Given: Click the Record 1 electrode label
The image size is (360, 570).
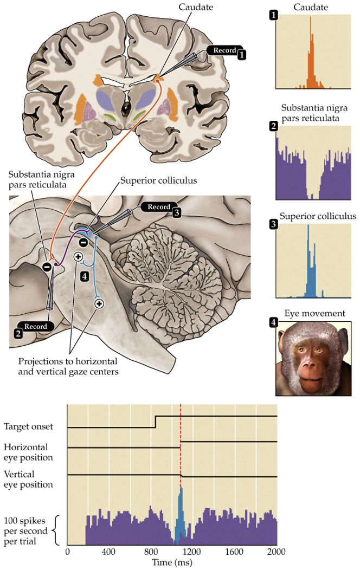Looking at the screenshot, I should [x=224, y=51].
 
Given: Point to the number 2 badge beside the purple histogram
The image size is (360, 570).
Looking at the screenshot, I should [x=274, y=126].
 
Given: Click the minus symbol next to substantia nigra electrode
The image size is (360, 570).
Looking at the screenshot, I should [x=47, y=267].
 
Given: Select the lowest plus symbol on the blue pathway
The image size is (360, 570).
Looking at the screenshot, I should [x=99, y=304].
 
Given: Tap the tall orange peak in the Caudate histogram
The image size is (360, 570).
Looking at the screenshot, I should [x=310, y=54].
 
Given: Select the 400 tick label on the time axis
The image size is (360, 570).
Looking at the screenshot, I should [x=109, y=552].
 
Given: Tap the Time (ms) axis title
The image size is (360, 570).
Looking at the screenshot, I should [x=171, y=562].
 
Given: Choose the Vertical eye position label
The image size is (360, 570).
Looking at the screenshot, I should [x=28, y=479].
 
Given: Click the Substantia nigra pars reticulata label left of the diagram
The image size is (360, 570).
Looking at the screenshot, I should [x=42, y=180].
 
